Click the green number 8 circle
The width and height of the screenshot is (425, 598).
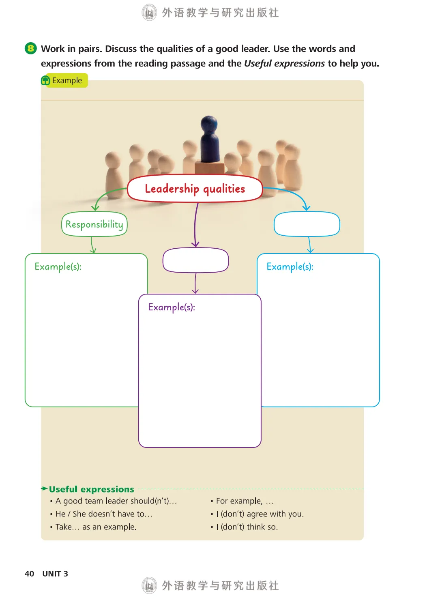point(30,49)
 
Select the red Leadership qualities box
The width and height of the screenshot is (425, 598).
point(195,189)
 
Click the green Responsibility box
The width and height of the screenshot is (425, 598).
point(94,224)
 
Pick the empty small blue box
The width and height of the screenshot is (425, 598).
point(307,224)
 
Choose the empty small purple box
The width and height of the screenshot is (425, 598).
point(195,260)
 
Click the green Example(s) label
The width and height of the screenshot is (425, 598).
point(58,267)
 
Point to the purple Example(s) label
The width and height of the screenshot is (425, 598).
point(172,307)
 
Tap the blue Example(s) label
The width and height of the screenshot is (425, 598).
point(290,267)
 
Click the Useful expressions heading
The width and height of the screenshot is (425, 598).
point(91,489)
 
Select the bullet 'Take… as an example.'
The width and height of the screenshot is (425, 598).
point(96,527)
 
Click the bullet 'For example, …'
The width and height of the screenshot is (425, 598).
point(245,501)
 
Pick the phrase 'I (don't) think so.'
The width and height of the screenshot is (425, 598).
point(247,527)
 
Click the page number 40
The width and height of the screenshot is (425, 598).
point(29,574)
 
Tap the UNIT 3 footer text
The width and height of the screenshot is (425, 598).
point(55,574)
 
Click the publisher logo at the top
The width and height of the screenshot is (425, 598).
point(149,12)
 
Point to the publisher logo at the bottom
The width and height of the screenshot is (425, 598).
point(149,585)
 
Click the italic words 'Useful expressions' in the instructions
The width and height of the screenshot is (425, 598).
point(284,63)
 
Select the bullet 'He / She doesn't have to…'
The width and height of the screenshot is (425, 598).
point(104,514)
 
